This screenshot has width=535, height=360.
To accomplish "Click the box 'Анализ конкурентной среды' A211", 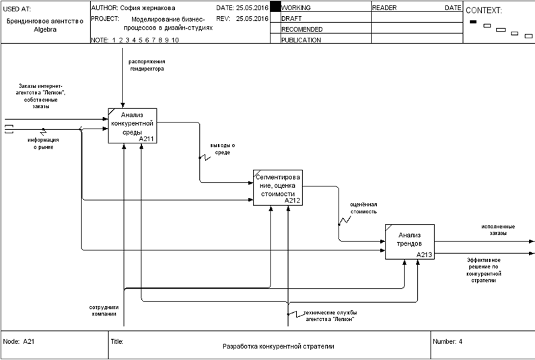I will (x=133, y=125).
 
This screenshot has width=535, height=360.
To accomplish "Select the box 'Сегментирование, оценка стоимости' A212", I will (x=278, y=186).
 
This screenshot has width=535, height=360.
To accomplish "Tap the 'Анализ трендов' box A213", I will (x=409, y=242).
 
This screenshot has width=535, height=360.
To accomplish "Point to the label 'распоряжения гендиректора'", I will (x=147, y=65).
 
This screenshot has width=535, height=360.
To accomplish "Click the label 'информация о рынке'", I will (x=42, y=143).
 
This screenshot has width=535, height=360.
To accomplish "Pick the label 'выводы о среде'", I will (x=223, y=149).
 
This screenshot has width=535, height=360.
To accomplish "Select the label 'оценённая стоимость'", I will (x=363, y=207).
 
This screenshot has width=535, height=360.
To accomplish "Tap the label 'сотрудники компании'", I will (x=103, y=310).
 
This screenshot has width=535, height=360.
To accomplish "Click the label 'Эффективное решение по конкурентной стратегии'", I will (x=485, y=269).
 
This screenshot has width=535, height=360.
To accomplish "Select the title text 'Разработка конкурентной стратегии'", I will (x=278, y=347).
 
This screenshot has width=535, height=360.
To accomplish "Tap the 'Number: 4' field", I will (x=448, y=341).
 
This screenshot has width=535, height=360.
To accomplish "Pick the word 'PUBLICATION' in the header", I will (x=301, y=40).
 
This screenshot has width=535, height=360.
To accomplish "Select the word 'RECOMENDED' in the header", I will (x=301, y=29).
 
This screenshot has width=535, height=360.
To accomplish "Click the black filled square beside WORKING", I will (x=275, y=7).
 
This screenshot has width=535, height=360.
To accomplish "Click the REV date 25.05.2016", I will (x=252, y=18).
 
